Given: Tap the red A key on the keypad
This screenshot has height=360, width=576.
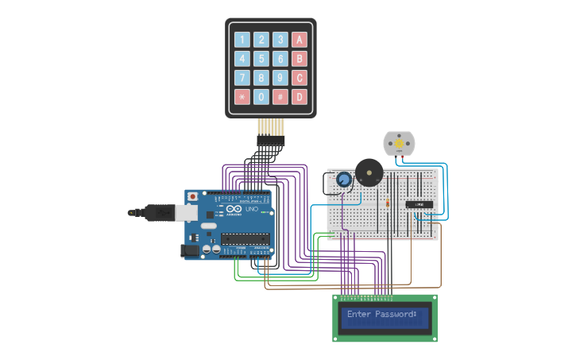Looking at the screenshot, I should click(299, 40).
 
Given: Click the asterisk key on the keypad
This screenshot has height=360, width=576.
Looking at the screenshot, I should click(242, 97).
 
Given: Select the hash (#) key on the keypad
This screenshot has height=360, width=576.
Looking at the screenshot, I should click(280, 97).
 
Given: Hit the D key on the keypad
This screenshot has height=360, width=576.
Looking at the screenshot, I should click(299, 97).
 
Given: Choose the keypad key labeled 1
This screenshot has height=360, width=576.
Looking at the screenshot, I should click(242, 40).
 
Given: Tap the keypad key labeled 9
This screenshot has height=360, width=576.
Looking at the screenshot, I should click(280, 78).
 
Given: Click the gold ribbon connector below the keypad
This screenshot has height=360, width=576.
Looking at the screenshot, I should click(271, 127).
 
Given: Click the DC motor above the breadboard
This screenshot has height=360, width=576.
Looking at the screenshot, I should click(399, 143).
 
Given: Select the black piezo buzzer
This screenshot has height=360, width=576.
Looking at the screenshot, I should click(368, 172).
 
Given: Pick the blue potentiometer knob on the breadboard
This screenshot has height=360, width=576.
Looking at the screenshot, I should click(343, 180).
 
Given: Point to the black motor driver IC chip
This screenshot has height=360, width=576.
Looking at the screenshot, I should click(419, 204).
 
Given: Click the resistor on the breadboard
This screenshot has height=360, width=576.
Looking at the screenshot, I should click(387, 203).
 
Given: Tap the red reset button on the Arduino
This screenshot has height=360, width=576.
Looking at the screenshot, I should click(191, 196).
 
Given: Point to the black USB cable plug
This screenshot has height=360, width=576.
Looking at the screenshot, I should click(158, 211).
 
